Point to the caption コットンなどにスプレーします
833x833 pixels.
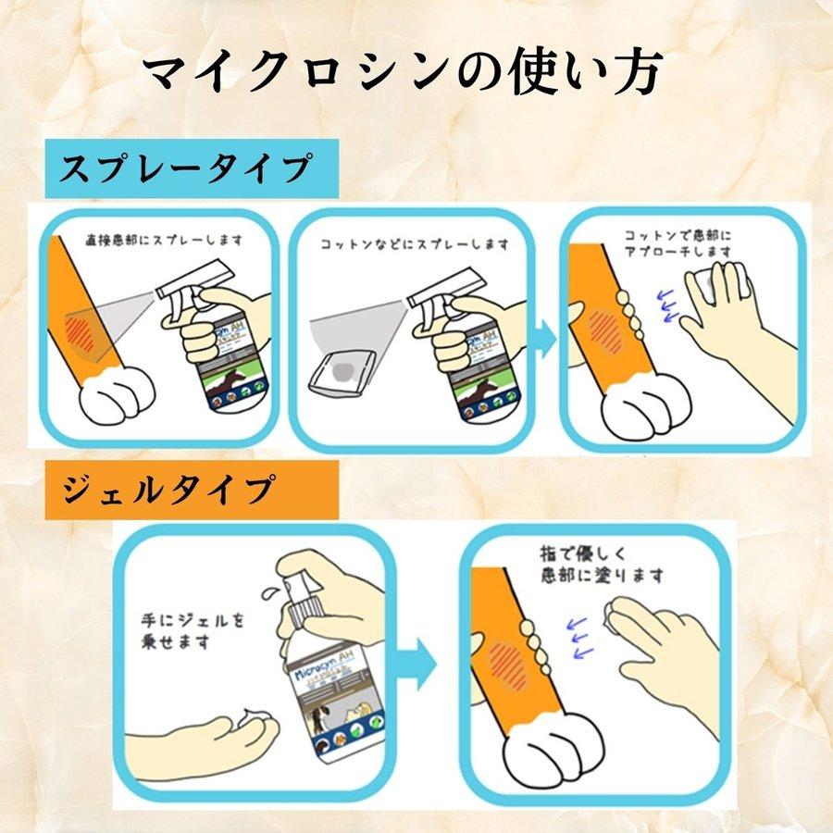click(x=414, y=244)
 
